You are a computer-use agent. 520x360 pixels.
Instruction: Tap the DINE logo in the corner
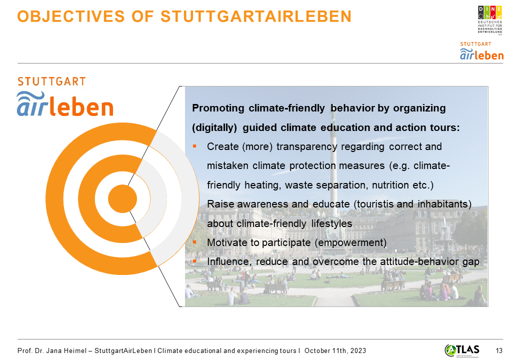490,20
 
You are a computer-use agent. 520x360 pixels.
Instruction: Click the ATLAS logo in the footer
462,350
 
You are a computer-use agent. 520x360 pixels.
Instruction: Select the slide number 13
499,350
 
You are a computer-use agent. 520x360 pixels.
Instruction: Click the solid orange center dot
122,199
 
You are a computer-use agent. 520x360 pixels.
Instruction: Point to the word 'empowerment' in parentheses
350,242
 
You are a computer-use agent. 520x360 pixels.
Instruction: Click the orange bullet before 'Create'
194,146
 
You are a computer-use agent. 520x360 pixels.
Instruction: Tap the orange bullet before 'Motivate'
194,242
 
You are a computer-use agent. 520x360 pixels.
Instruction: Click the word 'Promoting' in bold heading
218,108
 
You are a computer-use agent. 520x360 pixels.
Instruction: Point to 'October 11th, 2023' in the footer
335,350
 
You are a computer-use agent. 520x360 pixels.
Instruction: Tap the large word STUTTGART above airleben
51,81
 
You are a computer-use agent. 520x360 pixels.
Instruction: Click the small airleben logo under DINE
481,51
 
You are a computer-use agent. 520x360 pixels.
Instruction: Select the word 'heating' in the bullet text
263,185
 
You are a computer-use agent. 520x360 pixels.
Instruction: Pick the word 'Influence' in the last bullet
229,262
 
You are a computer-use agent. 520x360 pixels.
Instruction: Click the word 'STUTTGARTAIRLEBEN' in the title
256,16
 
